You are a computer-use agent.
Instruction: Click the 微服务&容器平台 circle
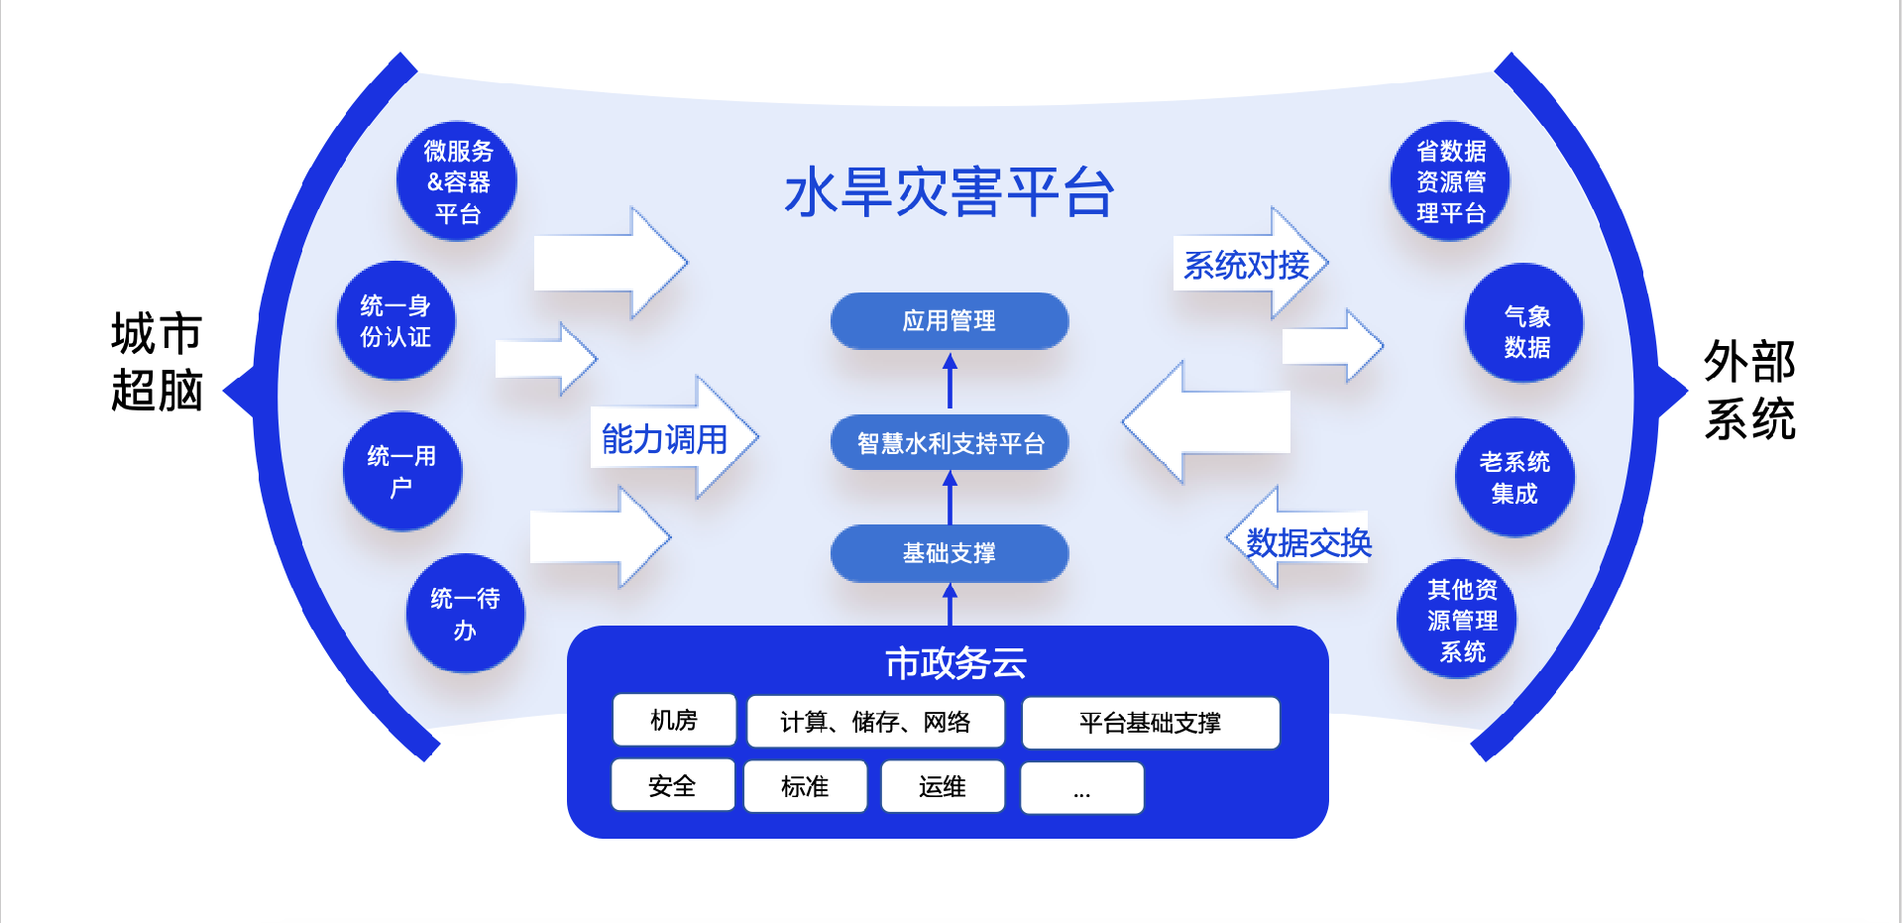point(457,181)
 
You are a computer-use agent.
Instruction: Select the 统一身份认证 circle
point(396,321)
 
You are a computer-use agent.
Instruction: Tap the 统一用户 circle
point(402,471)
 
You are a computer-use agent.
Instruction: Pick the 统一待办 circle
point(465,614)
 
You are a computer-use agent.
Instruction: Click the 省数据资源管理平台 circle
point(1450,181)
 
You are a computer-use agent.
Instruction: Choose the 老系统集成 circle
point(1514,477)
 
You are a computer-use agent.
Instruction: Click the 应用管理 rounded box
point(950,321)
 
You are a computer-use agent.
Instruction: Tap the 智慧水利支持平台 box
point(950,443)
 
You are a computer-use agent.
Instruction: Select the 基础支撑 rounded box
point(950,553)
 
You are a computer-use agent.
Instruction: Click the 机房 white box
point(674,721)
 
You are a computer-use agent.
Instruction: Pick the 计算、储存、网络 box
point(875,722)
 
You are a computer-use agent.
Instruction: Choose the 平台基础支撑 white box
point(1150,723)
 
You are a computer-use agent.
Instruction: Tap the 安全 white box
point(672,786)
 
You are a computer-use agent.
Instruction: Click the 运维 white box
point(942,787)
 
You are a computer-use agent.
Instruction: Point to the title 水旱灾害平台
point(949,192)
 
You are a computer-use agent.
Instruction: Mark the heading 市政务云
point(955,663)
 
